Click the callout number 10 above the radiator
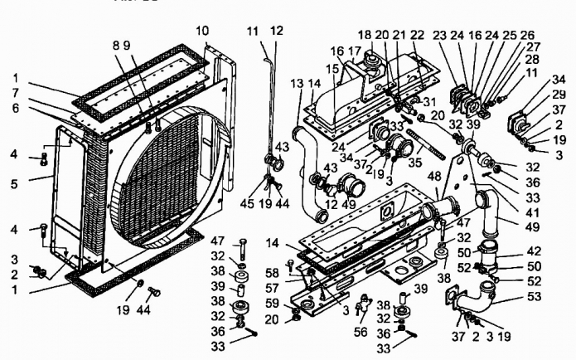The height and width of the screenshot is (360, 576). click(202, 32)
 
